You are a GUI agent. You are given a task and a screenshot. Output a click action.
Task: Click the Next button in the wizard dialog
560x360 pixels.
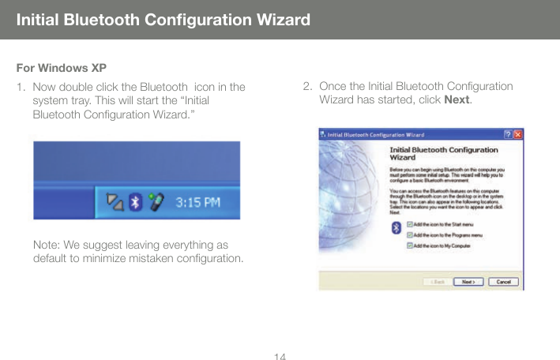468,281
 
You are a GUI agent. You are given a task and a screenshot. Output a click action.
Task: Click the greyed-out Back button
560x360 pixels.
438,281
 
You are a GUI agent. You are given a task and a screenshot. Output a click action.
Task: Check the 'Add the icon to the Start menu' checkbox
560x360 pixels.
409,224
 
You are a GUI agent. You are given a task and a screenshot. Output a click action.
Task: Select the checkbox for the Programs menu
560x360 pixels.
409,234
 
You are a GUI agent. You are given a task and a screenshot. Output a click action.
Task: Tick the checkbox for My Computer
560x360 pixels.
409,245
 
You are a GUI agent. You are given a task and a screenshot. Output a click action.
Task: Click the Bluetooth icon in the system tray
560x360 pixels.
135,202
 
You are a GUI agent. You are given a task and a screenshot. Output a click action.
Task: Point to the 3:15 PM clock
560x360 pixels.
197,203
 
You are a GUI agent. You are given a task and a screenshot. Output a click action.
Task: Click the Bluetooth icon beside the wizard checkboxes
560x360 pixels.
396,227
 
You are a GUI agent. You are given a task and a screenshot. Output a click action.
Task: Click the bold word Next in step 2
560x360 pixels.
457,100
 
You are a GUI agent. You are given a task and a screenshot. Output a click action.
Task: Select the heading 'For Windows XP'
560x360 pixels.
61,66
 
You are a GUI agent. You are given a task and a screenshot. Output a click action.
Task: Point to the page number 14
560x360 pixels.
280,356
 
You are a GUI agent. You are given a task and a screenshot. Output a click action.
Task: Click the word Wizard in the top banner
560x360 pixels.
277,19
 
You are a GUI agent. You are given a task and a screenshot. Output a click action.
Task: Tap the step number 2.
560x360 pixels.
307,86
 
